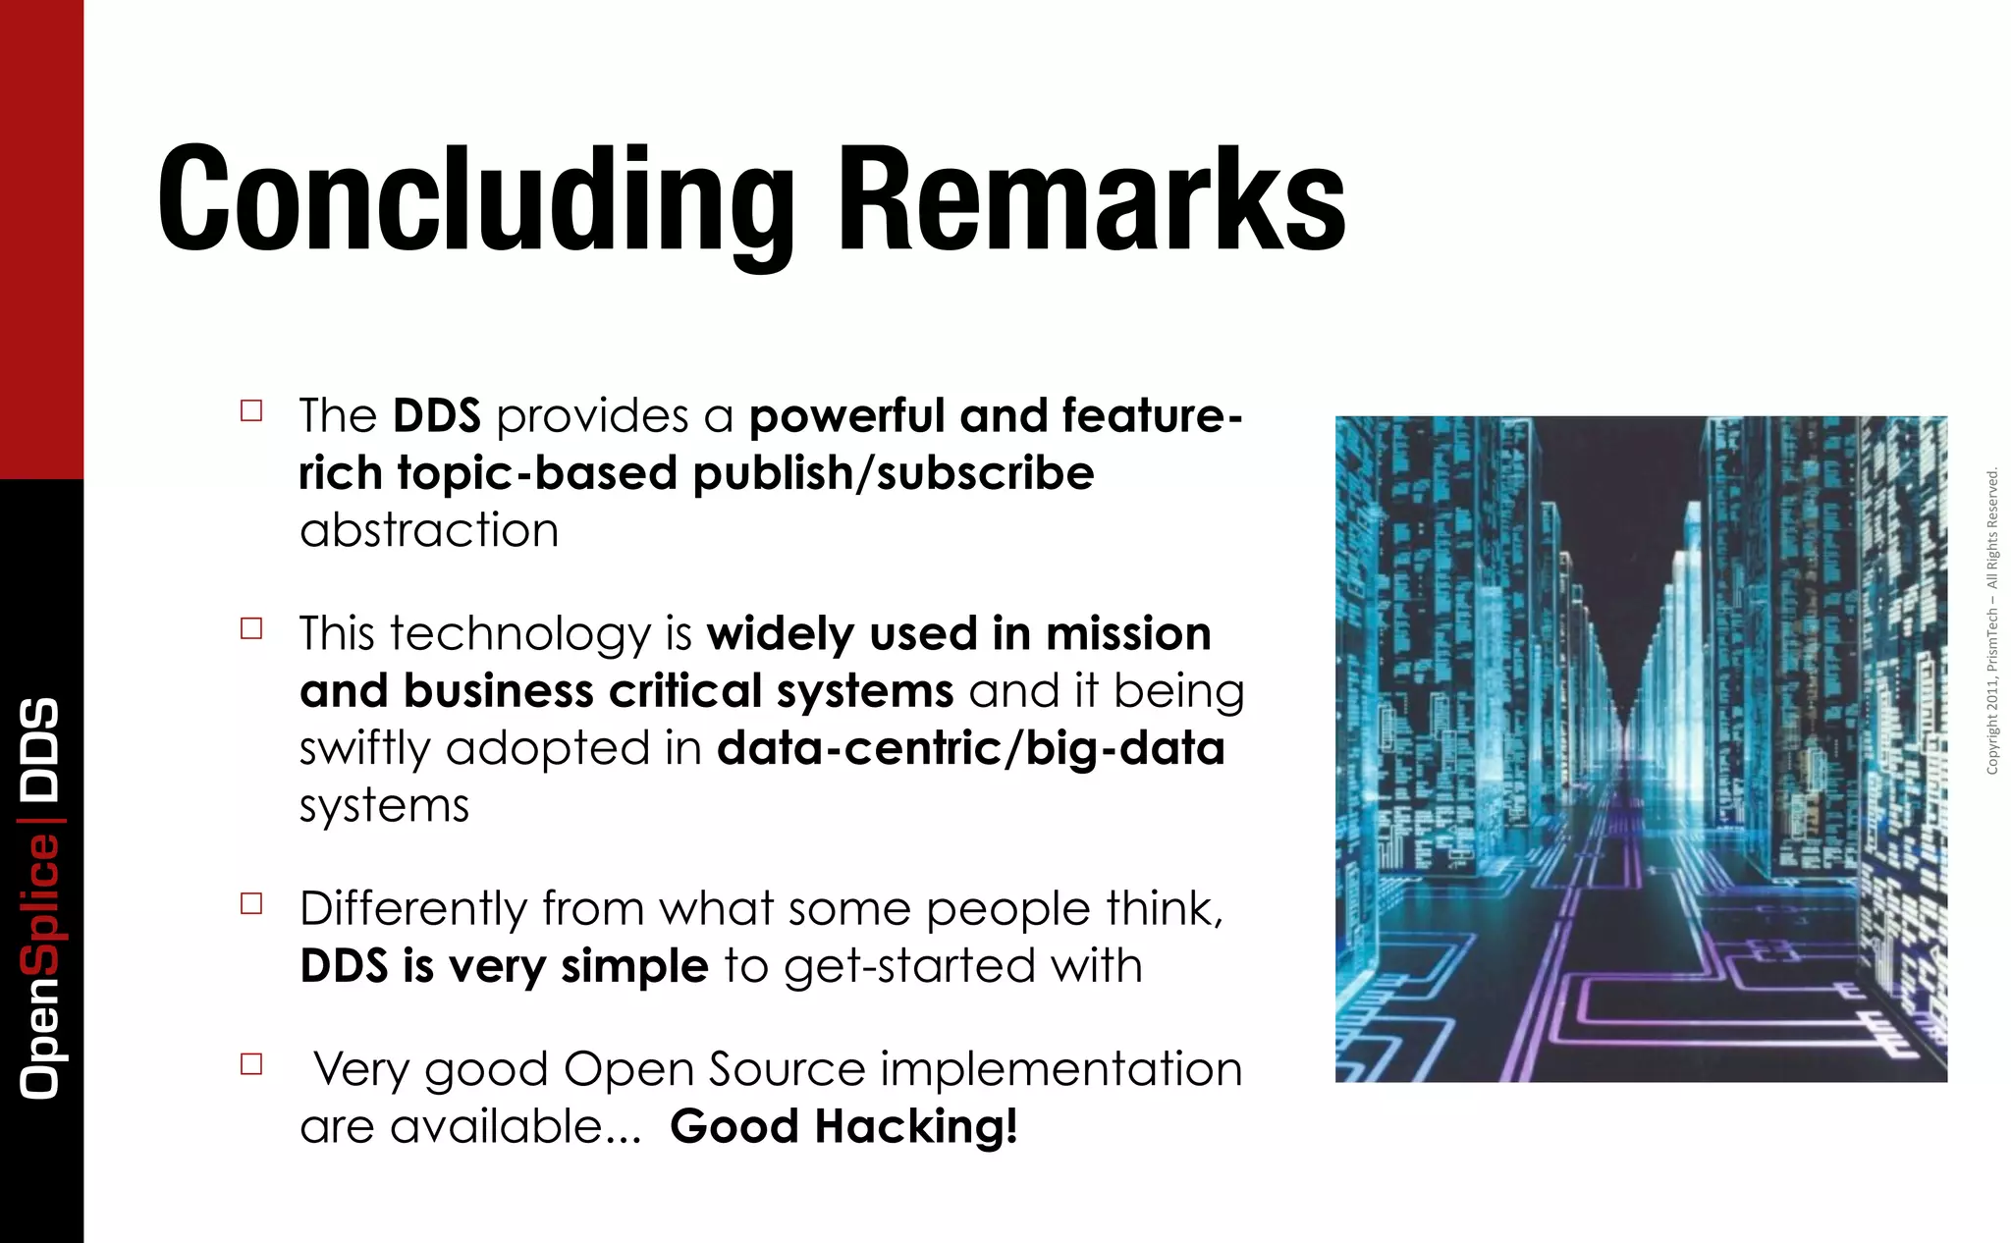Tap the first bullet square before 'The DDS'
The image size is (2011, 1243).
pyautogui.click(x=251, y=410)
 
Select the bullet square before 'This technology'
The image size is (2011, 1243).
pyautogui.click(x=251, y=628)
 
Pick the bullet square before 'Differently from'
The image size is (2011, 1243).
pyautogui.click(x=251, y=903)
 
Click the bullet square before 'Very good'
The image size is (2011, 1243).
pyautogui.click(x=251, y=1064)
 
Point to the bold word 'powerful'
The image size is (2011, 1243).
pyautogui.click(x=846, y=416)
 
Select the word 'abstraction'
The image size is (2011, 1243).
pyautogui.click(x=429, y=530)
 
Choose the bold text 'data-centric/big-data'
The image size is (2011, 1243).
pyautogui.click(x=970, y=748)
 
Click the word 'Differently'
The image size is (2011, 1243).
pyautogui.click(x=413, y=908)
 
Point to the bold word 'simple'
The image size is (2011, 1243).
pyautogui.click(x=634, y=966)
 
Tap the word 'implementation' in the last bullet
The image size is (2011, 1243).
pyautogui.click(x=1060, y=1068)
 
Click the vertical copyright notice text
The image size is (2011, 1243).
pyautogui.click(x=1992, y=621)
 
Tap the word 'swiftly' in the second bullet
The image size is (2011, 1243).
pyautogui.click(x=364, y=749)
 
